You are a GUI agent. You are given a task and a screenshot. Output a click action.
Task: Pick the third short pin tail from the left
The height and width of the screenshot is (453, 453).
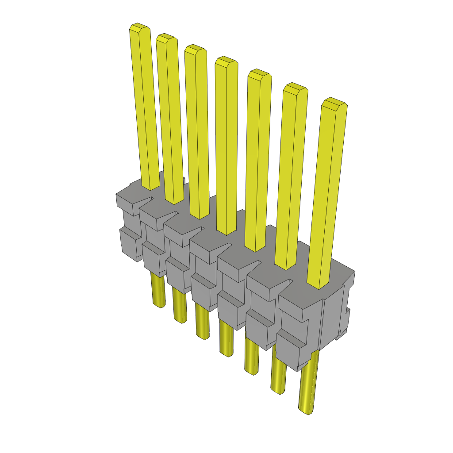[x=202, y=323]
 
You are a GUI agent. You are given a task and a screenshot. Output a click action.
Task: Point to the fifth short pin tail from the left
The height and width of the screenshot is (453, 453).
[x=251, y=358]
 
